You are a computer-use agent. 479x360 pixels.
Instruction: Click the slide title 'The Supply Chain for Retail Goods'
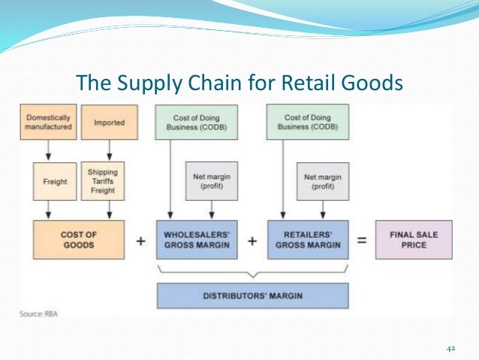coord(239,81)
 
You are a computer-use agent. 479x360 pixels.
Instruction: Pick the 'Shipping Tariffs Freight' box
coord(104,182)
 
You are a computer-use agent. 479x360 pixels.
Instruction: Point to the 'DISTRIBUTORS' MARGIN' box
coord(252,296)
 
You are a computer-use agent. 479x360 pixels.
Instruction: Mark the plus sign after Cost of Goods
coord(140,241)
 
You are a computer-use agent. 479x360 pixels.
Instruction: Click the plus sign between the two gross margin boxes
coord(252,241)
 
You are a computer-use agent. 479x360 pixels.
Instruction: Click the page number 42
coord(451,348)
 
